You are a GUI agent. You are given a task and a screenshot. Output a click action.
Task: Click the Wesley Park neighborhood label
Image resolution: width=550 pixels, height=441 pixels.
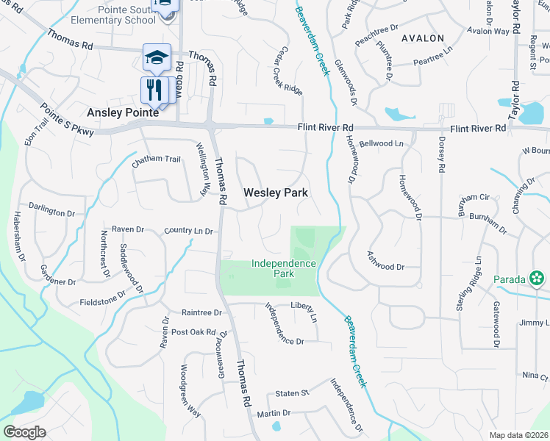tap(275, 193)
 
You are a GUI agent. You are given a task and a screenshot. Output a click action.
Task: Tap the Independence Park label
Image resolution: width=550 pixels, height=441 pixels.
tap(284, 268)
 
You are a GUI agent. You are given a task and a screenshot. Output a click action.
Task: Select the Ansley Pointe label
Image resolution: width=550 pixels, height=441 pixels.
tap(122, 112)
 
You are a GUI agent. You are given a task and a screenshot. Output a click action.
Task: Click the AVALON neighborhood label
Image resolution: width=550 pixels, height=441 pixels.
tap(423, 37)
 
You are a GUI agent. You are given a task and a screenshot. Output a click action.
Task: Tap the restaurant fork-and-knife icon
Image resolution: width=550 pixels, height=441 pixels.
tap(152, 90)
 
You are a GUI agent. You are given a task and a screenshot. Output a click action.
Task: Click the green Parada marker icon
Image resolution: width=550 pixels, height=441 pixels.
tap(538, 279)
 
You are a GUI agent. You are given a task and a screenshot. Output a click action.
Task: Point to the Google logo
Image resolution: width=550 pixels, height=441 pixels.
tap(25, 432)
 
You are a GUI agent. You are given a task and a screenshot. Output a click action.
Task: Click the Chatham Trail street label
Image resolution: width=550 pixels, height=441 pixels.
tap(156, 159)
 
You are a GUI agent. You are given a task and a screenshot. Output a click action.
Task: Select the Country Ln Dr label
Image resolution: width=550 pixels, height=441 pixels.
tap(188, 232)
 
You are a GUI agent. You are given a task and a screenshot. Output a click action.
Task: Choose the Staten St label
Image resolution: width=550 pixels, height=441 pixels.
tap(291, 395)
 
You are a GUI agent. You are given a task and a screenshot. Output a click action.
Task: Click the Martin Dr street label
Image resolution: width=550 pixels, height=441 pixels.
tap(274, 414)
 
